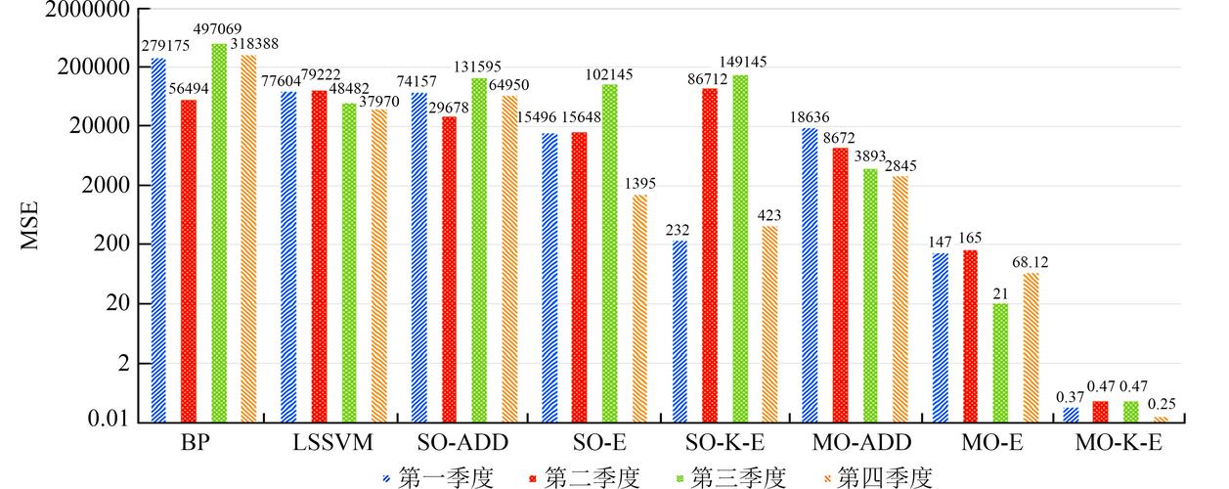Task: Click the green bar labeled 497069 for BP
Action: point(219,233)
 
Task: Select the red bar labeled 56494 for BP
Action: point(189,261)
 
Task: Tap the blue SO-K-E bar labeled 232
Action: point(680,332)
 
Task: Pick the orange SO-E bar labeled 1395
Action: point(639,308)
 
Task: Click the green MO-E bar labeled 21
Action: point(1000,363)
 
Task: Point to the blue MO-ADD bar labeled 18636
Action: point(810,276)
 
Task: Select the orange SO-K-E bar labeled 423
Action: point(769,325)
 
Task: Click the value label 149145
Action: point(743,62)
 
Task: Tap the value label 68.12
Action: point(1030,262)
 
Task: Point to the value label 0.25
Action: point(1162,404)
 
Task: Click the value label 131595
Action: point(477,67)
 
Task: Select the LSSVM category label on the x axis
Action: point(332,442)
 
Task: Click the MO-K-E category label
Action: point(1119,442)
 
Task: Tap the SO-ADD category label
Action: point(462,442)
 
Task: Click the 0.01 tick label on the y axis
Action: point(108,419)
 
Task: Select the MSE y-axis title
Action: point(29,225)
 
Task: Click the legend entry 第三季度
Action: point(729,477)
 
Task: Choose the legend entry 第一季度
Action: point(437,477)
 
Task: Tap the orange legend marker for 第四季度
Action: point(827,478)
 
